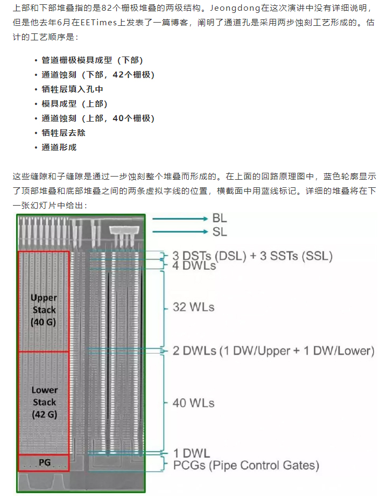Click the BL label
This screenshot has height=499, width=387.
[219, 219]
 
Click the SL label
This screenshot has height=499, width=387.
[219, 232]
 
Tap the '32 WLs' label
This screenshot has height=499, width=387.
[193, 307]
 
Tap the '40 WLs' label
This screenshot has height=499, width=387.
[193, 403]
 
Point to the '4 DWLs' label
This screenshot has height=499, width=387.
[194, 266]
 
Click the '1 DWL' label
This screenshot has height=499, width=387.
[191, 453]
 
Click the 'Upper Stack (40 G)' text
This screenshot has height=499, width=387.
[44, 310]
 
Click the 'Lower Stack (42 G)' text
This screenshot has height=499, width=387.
[44, 402]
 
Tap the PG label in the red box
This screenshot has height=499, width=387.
[44, 462]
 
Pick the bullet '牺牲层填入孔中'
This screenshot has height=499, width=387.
[72, 89]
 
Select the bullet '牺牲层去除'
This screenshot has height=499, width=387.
[64, 132]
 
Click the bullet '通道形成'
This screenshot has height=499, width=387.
[59, 147]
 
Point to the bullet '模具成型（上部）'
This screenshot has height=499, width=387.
[74, 104]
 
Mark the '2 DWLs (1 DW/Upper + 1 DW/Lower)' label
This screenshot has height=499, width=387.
[273, 351]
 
